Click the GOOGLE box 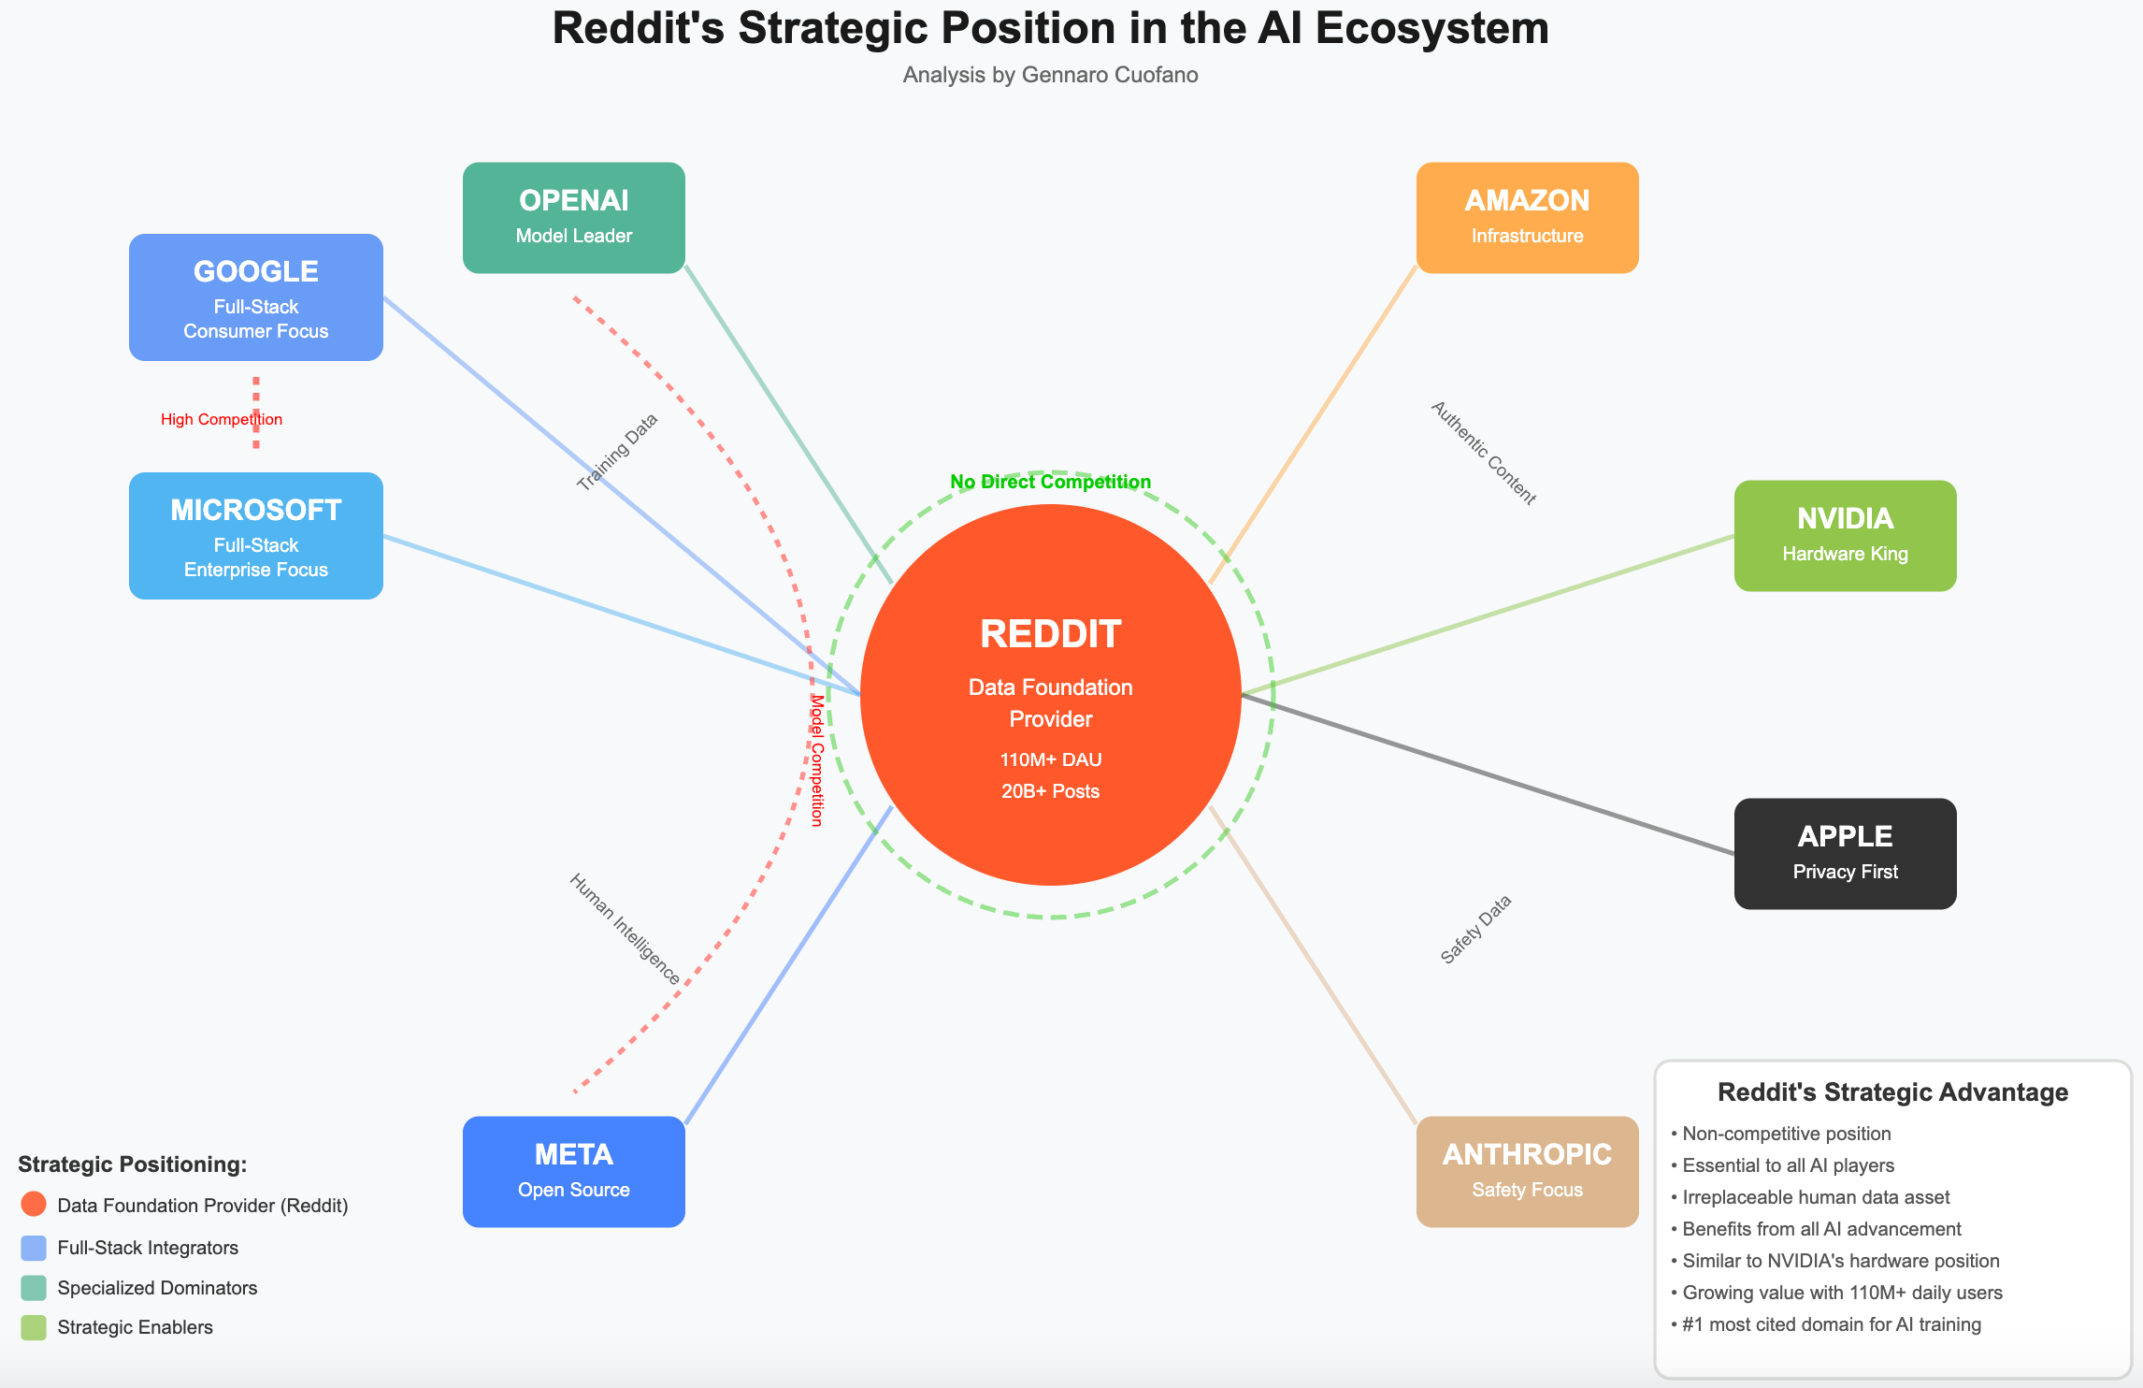pos(255,297)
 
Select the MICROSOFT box pos(255,536)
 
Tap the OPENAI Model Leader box pos(573,218)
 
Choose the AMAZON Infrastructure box pos(1527,218)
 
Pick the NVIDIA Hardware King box pos(1845,536)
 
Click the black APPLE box pos(1845,853)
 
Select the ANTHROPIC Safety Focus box pos(1527,1171)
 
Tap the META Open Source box pos(573,1171)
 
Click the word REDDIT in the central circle pos(1050,634)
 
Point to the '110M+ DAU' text pos(1050,759)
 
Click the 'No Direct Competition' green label pos(1050,482)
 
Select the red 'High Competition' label pos(221,419)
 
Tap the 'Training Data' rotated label pos(618,452)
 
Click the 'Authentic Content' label pos(1484,454)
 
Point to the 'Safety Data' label pos(1475,930)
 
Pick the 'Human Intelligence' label pos(625,929)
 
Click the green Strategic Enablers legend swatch pos(34,1327)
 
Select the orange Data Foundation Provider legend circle pos(34,1205)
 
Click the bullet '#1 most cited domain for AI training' pos(1831,1324)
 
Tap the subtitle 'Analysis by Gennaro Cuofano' pos(1050,75)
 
